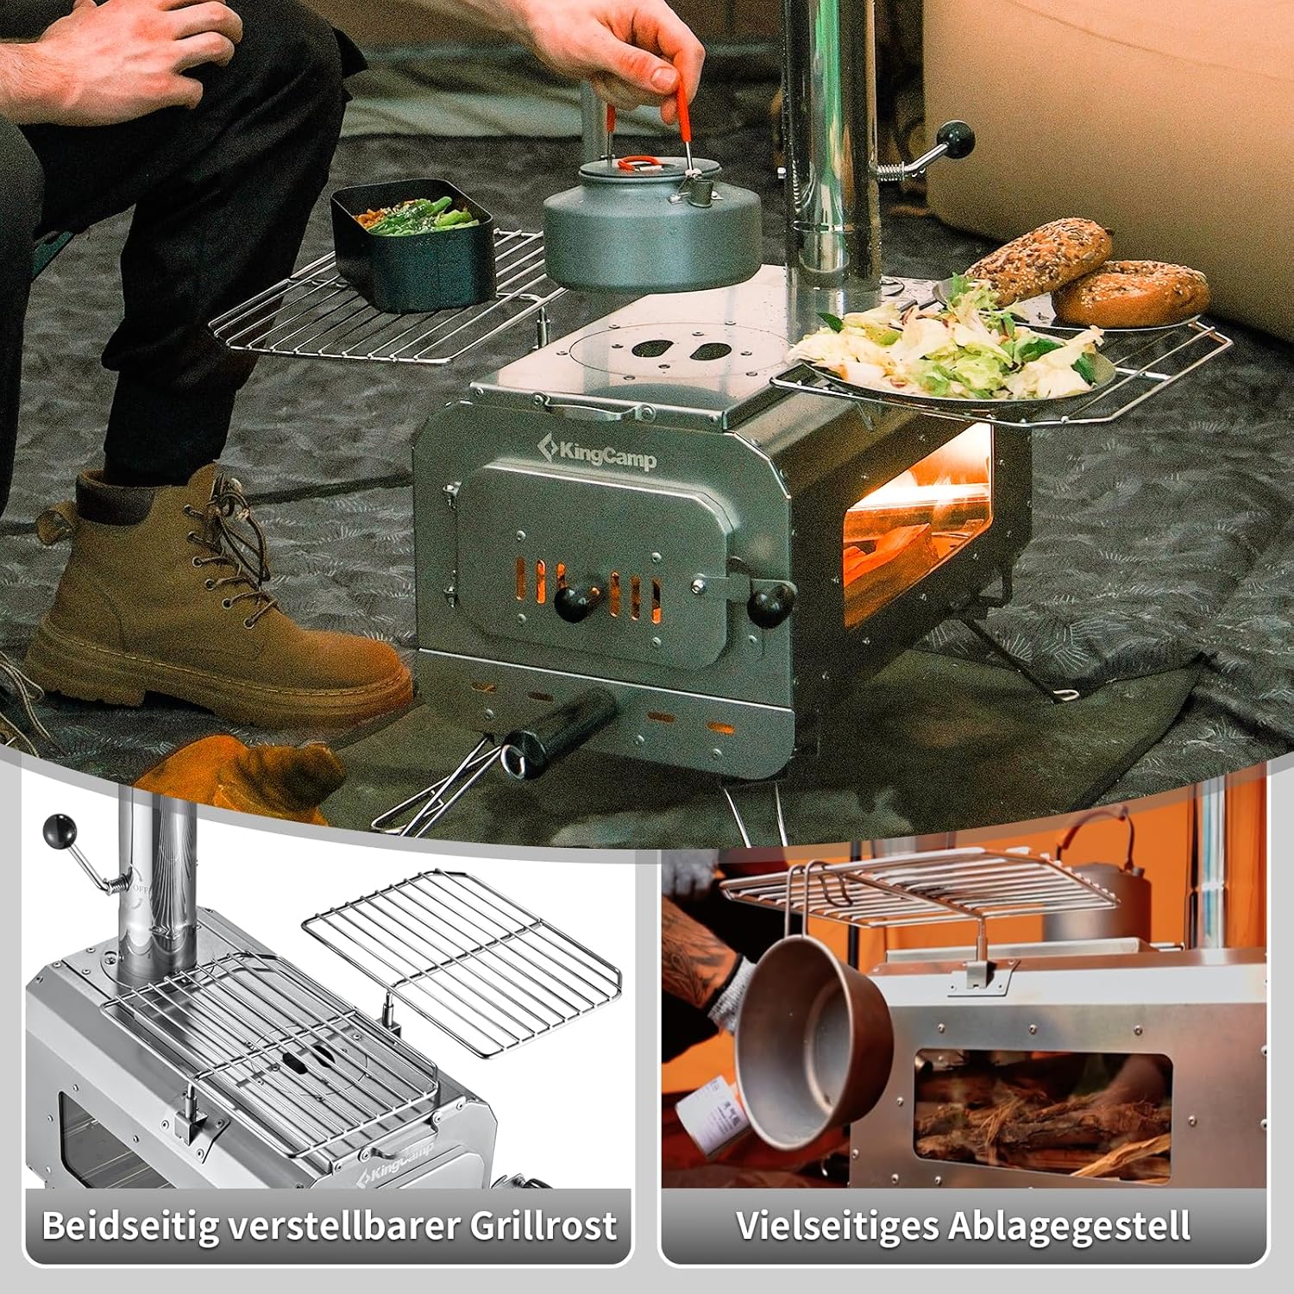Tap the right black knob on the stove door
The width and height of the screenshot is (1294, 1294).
click(770, 601)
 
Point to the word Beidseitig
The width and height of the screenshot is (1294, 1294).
click(129, 1226)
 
